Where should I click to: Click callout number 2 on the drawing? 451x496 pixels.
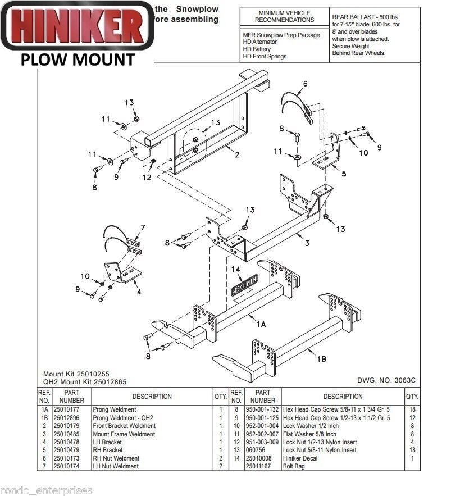pyautogui.click(x=237, y=154)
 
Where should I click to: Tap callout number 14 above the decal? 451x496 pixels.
pyautogui.click(x=236, y=270)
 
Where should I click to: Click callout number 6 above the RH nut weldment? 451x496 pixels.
pyautogui.click(x=305, y=84)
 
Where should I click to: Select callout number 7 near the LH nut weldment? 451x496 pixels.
pyautogui.click(x=143, y=227)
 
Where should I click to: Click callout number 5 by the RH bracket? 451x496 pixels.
pyautogui.click(x=343, y=173)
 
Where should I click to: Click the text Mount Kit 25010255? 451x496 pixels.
pyautogui.click(x=80, y=374)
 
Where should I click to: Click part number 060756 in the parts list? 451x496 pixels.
pyautogui.click(x=256, y=451)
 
